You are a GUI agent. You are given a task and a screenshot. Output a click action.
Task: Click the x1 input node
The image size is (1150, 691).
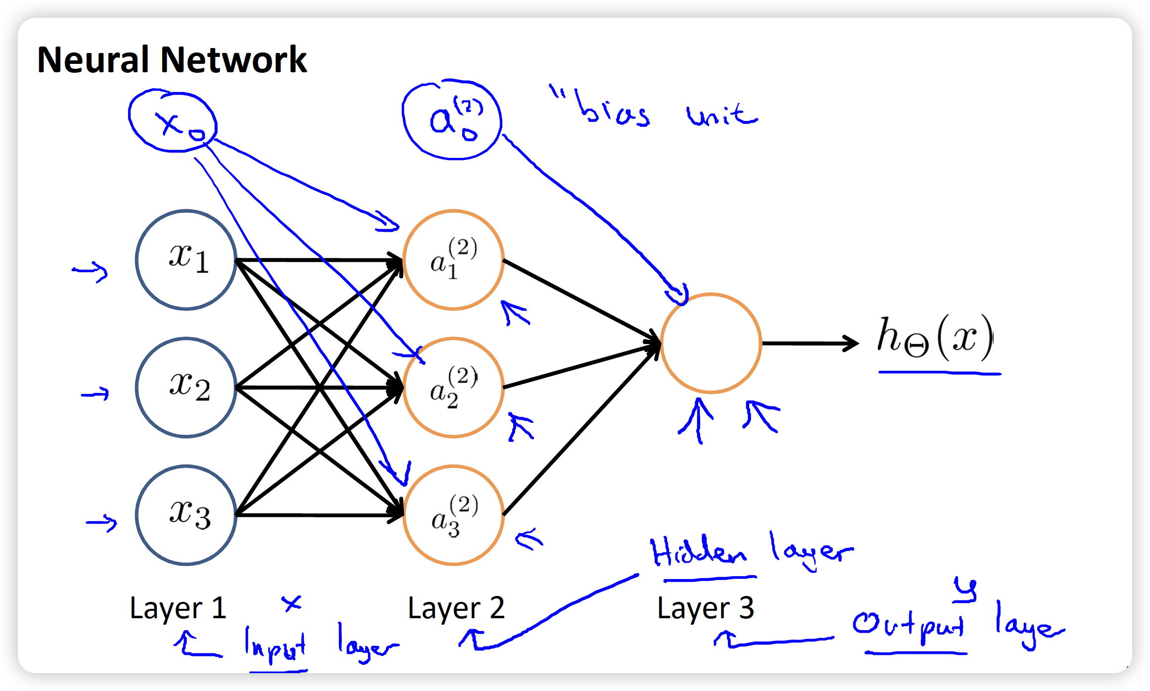(x=186, y=260)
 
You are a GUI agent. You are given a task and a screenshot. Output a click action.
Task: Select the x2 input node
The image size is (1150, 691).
(x=186, y=388)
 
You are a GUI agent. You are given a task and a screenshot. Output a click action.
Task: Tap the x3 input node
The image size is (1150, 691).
(x=186, y=515)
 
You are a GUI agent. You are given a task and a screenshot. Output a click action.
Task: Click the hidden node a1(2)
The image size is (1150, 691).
(x=453, y=260)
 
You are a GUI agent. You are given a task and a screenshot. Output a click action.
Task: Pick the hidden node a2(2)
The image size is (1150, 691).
(x=453, y=388)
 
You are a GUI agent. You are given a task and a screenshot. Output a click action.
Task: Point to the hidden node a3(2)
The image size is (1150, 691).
(x=453, y=515)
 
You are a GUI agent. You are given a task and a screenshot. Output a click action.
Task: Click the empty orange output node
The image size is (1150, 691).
(x=711, y=343)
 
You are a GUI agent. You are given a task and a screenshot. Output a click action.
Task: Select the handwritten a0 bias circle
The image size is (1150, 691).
(x=452, y=120)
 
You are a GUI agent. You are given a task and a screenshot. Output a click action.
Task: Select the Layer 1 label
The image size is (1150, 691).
(x=178, y=608)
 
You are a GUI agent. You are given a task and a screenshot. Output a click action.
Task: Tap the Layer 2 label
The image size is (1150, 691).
(x=456, y=608)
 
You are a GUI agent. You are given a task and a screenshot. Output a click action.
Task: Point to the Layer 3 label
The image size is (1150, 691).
(x=705, y=608)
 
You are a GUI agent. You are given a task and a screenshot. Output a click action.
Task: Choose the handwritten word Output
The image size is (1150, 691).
(x=908, y=626)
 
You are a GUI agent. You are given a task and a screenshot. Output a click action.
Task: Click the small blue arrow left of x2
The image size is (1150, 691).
(x=95, y=394)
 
